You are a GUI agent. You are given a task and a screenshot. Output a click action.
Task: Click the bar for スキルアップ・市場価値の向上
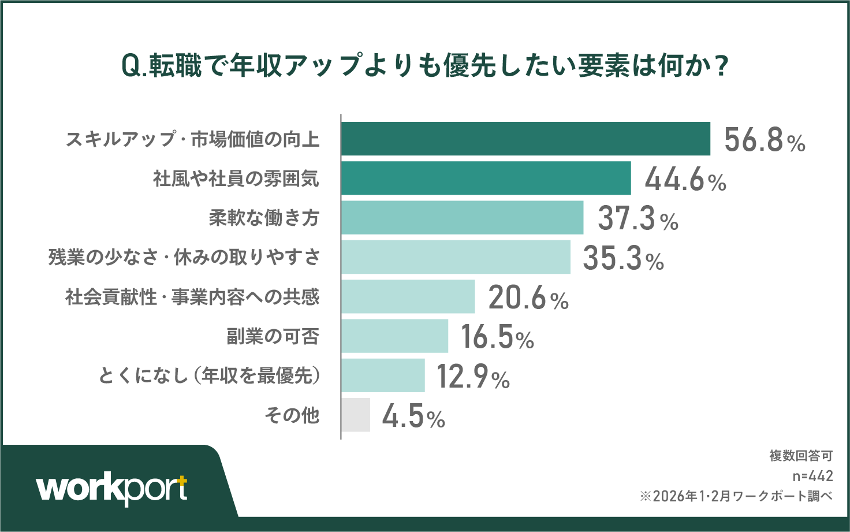point(525,139)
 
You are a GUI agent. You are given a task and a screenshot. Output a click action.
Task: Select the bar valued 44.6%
point(486,178)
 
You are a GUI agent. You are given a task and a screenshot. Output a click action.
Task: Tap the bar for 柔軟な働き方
point(462,218)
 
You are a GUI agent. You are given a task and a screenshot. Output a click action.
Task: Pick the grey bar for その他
point(356,415)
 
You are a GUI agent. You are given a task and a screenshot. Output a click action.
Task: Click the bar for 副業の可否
point(394,336)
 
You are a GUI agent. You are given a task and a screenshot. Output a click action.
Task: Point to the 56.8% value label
point(765,140)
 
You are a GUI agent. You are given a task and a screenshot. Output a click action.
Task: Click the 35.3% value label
point(623,258)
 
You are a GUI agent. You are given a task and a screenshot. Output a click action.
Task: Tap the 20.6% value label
point(528,297)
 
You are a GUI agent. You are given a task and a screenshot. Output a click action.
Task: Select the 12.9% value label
point(473,377)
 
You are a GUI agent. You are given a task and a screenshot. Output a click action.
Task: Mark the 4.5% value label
point(413,416)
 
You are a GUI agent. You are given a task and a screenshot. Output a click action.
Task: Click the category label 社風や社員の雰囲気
point(236,178)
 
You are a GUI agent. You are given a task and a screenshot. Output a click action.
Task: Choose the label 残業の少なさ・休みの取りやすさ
point(184,258)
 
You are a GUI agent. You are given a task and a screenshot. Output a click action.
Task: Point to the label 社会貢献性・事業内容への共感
point(192,297)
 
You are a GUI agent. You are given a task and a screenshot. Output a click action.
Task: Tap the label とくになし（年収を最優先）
point(209,376)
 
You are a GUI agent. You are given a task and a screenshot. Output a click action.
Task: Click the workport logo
point(112,489)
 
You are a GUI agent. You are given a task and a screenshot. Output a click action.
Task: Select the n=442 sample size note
point(812,476)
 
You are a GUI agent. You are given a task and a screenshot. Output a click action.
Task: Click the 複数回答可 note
point(801,456)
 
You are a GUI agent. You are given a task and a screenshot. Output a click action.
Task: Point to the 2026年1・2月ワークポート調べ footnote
point(736,496)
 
